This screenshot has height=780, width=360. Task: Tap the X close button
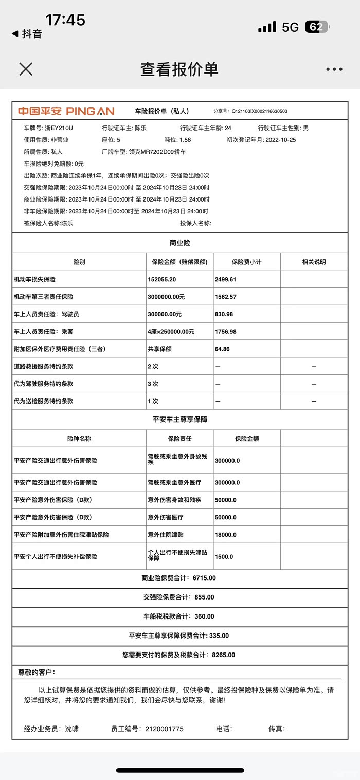point(26,69)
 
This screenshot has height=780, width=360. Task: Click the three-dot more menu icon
point(334,69)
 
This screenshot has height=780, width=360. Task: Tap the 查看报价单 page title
point(179,69)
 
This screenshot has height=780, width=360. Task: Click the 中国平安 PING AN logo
point(66,111)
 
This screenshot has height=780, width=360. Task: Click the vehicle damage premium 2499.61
point(226,279)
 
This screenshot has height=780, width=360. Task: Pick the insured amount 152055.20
point(162,279)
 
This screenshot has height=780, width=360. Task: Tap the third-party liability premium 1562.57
point(226,297)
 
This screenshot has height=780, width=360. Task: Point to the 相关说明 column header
point(314,262)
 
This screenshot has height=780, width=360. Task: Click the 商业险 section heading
point(179,243)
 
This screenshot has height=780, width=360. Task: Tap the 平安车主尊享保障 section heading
point(179,419)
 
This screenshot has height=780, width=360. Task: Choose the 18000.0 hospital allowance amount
point(226,535)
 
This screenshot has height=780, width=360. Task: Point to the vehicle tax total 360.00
point(204,616)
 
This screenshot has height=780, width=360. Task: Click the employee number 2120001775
point(164,729)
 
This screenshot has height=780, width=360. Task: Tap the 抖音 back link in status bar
point(28,34)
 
